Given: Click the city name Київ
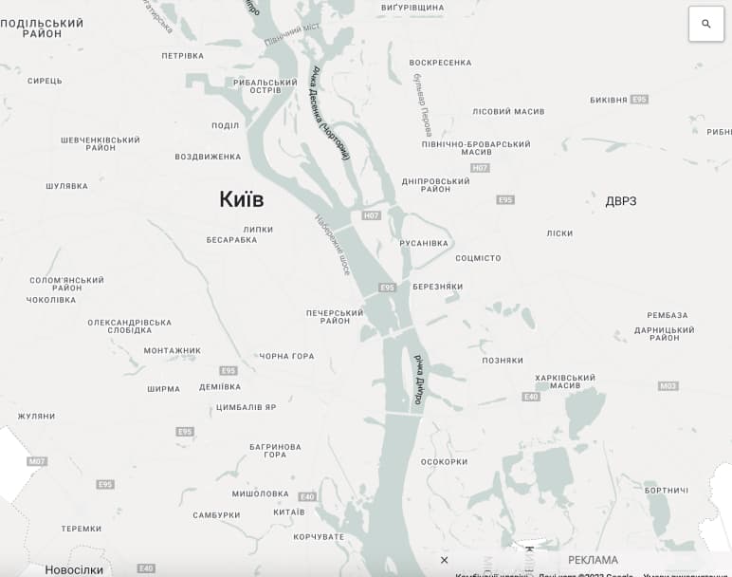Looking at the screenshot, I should point(241,199).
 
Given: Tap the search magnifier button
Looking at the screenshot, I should point(705,24).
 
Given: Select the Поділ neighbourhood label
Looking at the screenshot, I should point(226,125).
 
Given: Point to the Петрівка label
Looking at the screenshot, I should point(182,55).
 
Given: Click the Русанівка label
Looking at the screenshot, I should point(424,243).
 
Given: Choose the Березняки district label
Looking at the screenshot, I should point(437,287).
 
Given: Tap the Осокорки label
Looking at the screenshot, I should point(444,462).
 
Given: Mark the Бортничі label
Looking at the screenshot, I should point(666,490).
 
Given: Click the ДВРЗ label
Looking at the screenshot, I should point(621,201).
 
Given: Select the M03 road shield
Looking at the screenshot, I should point(668,386).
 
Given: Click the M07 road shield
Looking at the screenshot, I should point(36,461).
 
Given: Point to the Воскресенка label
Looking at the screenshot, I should point(440,63).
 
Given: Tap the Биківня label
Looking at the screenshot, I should point(608,100).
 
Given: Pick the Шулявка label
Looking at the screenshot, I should point(66,186).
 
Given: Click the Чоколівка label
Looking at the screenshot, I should point(51,300).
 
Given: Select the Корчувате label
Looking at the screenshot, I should point(319,537).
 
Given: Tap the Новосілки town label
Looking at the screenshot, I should point(74,569).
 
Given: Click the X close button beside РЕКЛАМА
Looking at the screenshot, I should point(444,560).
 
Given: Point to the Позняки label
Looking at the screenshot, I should point(503,361).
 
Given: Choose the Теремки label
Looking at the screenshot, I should point(81,529).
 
